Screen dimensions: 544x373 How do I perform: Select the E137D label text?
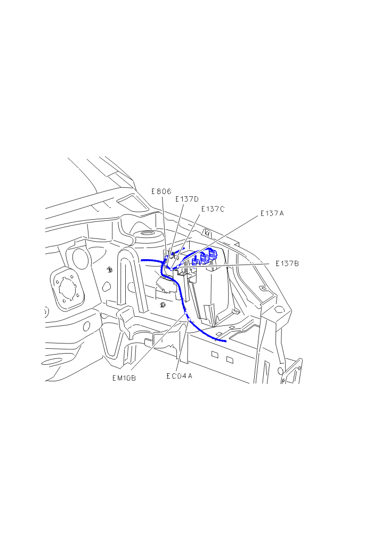click(187, 199)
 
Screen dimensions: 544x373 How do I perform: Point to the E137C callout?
click(213, 209)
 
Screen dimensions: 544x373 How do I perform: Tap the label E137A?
click(272, 213)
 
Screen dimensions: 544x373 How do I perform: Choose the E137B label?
click(288, 263)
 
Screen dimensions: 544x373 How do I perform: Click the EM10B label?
click(124, 378)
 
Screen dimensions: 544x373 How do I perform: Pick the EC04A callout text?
click(179, 375)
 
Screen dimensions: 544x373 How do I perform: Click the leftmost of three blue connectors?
click(196, 260)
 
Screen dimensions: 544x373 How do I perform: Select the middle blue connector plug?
click(204, 258)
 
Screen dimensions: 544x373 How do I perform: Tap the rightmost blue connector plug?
click(213, 255)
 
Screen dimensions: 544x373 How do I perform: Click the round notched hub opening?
click(68, 290)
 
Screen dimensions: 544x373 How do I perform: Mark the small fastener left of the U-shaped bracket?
click(109, 269)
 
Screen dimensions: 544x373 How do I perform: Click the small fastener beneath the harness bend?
click(163, 305)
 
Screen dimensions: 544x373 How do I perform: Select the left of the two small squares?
click(215, 355)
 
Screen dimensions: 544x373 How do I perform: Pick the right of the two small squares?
click(230, 359)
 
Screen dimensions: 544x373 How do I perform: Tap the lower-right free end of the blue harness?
click(225, 340)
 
